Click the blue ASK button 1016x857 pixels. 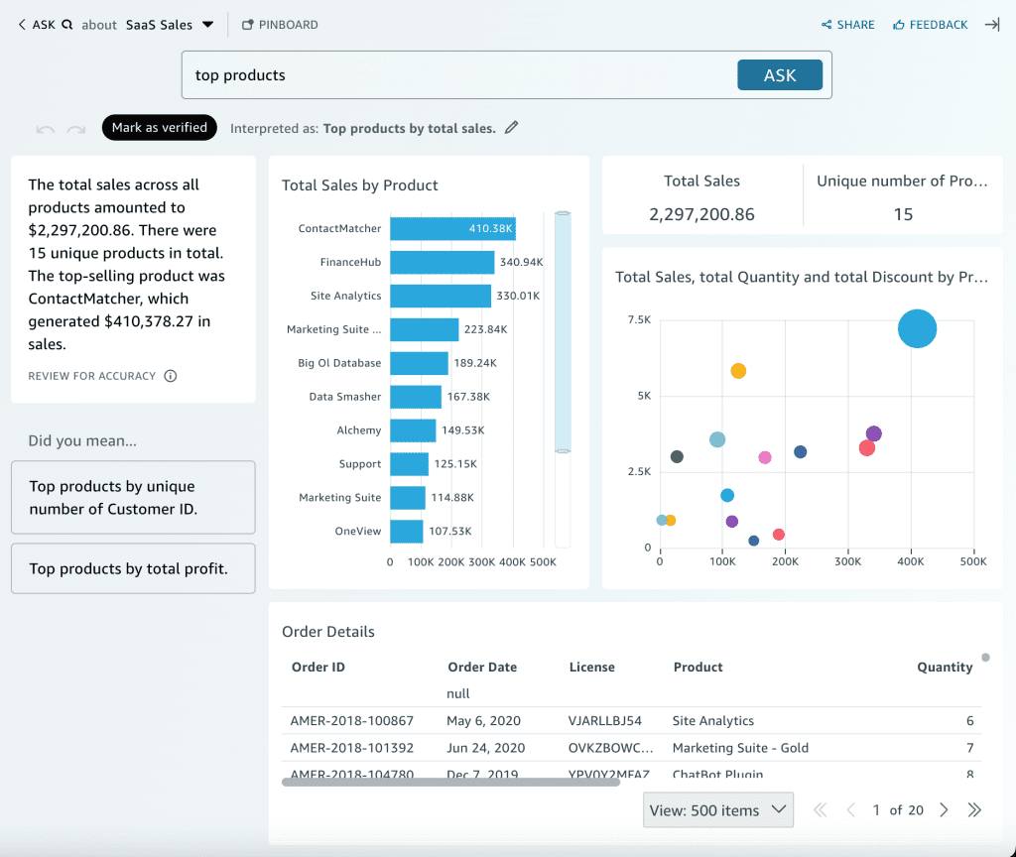coord(779,75)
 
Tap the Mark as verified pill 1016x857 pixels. coord(159,127)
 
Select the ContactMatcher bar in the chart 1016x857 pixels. coord(452,228)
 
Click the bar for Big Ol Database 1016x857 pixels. coord(419,363)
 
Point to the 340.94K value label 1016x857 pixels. coord(522,262)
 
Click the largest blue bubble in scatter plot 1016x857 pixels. coord(917,328)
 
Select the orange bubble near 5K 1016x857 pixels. coord(738,371)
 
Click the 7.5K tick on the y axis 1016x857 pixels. coord(639,319)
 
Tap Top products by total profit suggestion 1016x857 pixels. coord(133,568)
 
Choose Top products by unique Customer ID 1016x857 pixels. coord(133,498)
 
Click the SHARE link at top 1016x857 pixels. coord(848,25)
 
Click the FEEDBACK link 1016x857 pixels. coord(930,25)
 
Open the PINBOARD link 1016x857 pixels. coord(280,25)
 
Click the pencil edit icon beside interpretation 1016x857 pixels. coord(512,127)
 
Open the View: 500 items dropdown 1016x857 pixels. coord(718,810)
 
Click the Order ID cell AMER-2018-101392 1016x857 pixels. coord(351,748)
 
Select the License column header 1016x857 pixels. coord(591,667)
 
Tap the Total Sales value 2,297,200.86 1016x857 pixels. coord(701,214)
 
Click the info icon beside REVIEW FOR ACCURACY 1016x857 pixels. coord(171,376)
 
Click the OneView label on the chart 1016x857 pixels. coord(357,532)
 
